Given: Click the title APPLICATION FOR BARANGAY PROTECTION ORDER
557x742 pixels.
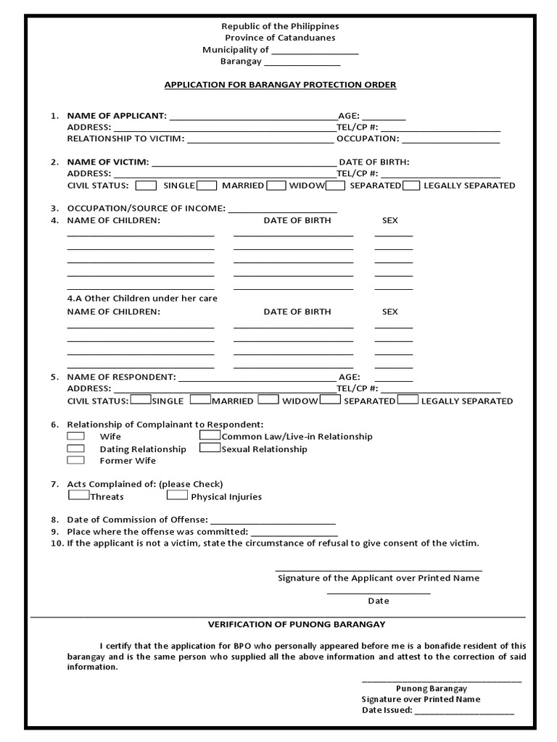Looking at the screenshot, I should pyautogui.click(x=280, y=85).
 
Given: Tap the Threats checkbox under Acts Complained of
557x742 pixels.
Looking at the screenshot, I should pyautogui.click(x=78, y=496).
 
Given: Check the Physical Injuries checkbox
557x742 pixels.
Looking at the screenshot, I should pyautogui.click(x=177, y=496).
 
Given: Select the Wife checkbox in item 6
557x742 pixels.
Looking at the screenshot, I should pyautogui.click(x=75, y=436).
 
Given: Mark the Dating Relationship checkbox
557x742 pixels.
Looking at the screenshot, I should pyautogui.click(x=75, y=449).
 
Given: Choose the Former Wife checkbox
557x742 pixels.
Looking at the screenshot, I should pyautogui.click(x=75, y=460).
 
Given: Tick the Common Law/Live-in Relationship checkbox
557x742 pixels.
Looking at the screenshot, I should pyautogui.click(x=210, y=435).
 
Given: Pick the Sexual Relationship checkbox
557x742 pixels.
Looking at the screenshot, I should pyautogui.click(x=210, y=448).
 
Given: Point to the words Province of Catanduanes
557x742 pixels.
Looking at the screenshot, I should pyautogui.click(x=280, y=38).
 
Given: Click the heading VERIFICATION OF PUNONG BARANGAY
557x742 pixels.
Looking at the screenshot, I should pyautogui.click(x=297, y=624).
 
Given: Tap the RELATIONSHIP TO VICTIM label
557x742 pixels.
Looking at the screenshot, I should pyautogui.click(x=125, y=138).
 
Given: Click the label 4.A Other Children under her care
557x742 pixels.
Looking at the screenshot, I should pyautogui.click(x=142, y=298).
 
